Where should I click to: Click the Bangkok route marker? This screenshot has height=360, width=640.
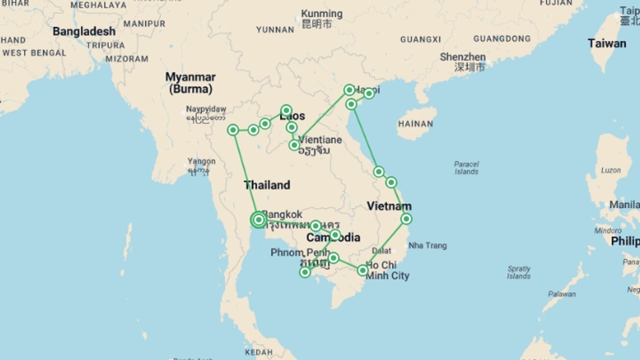point(258,220)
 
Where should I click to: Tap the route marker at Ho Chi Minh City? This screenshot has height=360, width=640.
point(363,270)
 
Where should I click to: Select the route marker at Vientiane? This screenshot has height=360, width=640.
point(294,145)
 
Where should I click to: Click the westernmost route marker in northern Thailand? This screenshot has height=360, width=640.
point(233,130)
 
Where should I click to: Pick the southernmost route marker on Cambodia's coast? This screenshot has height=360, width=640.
point(305,272)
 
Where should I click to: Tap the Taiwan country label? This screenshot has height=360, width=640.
point(607,43)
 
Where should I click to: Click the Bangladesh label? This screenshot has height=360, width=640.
point(84,31)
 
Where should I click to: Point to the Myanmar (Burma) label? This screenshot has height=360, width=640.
point(190,83)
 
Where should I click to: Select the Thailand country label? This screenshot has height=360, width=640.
point(267,185)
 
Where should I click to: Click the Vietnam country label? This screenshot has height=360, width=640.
point(389,206)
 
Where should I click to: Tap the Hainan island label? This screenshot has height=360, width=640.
point(415,124)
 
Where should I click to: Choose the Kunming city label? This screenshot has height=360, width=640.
point(321,14)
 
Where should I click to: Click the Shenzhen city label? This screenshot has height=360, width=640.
point(463,57)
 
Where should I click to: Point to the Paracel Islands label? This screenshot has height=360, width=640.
point(466,168)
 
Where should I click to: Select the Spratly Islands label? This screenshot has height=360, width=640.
point(519,272)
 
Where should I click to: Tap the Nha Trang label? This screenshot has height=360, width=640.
point(427,246)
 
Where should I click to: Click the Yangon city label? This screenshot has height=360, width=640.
point(201,161)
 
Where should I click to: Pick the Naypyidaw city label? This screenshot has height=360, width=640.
point(206,109)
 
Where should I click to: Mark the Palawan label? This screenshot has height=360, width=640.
point(562,294)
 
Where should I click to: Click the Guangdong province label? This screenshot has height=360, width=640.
point(502,39)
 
